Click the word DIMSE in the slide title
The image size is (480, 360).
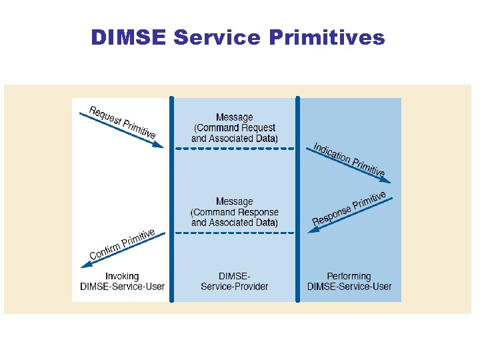128,38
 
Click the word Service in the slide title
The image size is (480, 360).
217,38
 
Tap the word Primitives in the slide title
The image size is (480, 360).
327,38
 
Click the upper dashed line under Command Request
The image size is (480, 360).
234,149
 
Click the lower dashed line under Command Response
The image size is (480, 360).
234,233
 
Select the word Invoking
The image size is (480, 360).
122,276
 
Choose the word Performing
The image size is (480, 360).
349,276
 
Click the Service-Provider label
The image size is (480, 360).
235,287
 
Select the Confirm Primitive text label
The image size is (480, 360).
122,244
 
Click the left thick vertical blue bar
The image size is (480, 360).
171,200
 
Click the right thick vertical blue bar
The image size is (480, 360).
297,200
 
